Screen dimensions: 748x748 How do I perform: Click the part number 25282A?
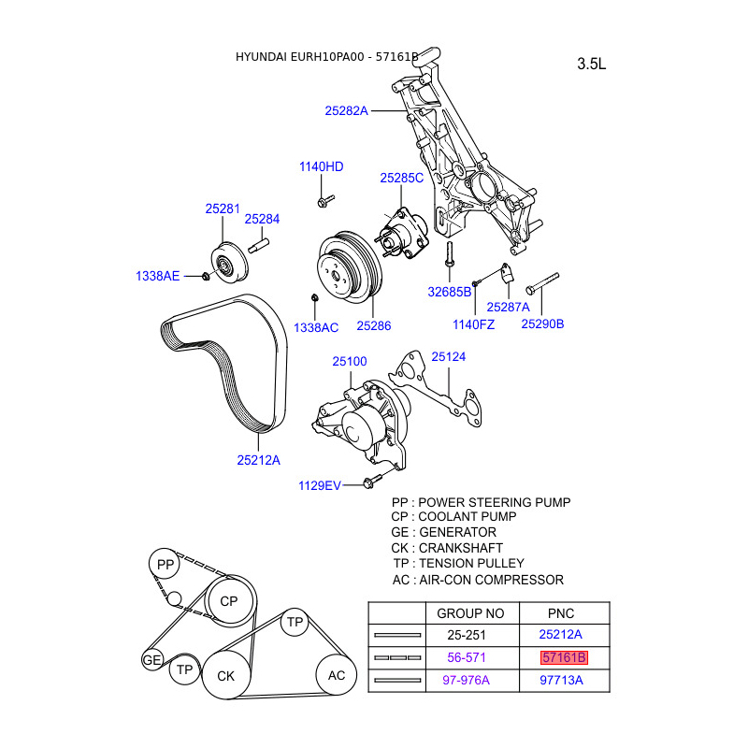tap(347, 110)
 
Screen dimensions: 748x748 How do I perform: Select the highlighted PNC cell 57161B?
tap(564, 657)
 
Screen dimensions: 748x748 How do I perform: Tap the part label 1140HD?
tap(322, 166)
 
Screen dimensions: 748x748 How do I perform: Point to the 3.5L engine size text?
tap(592, 65)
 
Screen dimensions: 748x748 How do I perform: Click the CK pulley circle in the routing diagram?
tap(226, 675)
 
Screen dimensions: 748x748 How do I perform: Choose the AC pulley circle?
tap(338, 675)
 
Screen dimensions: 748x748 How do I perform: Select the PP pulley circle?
tap(165, 565)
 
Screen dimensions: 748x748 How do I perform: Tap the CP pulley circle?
tap(229, 601)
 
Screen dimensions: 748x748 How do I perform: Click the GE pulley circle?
tap(152, 660)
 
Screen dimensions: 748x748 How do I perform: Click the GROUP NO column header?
tap(470, 613)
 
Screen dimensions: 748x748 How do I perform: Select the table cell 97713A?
tap(561, 680)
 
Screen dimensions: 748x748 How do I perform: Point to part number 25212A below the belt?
tap(259, 459)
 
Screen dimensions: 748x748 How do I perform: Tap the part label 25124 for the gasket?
tap(448, 356)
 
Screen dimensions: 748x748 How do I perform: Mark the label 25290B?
tap(542, 324)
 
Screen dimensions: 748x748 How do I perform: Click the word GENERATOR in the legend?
tap(458, 532)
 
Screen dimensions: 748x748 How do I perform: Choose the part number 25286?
tap(373, 326)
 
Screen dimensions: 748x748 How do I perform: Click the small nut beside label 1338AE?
tap(205, 276)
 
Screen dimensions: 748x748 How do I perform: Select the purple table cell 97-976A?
tap(466, 680)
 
